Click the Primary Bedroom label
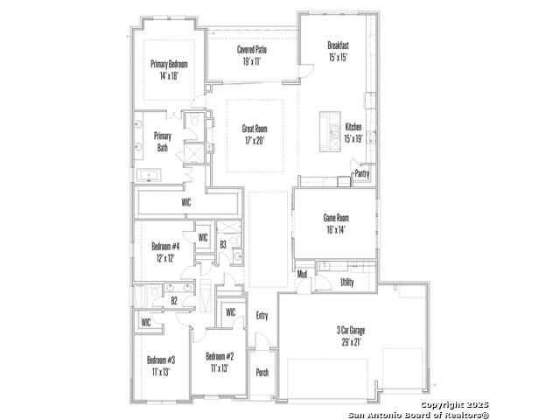click(x=169, y=64)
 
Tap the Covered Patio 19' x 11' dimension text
click(x=252, y=62)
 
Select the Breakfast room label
click(x=339, y=45)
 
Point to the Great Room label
click(x=255, y=129)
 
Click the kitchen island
click(x=330, y=132)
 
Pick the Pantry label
click(x=361, y=174)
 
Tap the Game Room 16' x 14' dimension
click(x=336, y=229)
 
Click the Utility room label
click(x=347, y=283)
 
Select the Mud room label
click(x=302, y=274)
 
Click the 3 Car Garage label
click(x=351, y=331)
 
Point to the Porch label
click(x=262, y=373)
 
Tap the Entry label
click(x=262, y=316)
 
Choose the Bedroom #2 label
click(x=220, y=356)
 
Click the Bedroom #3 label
click(x=161, y=360)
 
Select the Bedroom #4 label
click(x=165, y=246)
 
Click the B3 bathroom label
click(x=223, y=245)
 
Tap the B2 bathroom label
click(x=174, y=301)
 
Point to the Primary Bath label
click(x=163, y=142)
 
